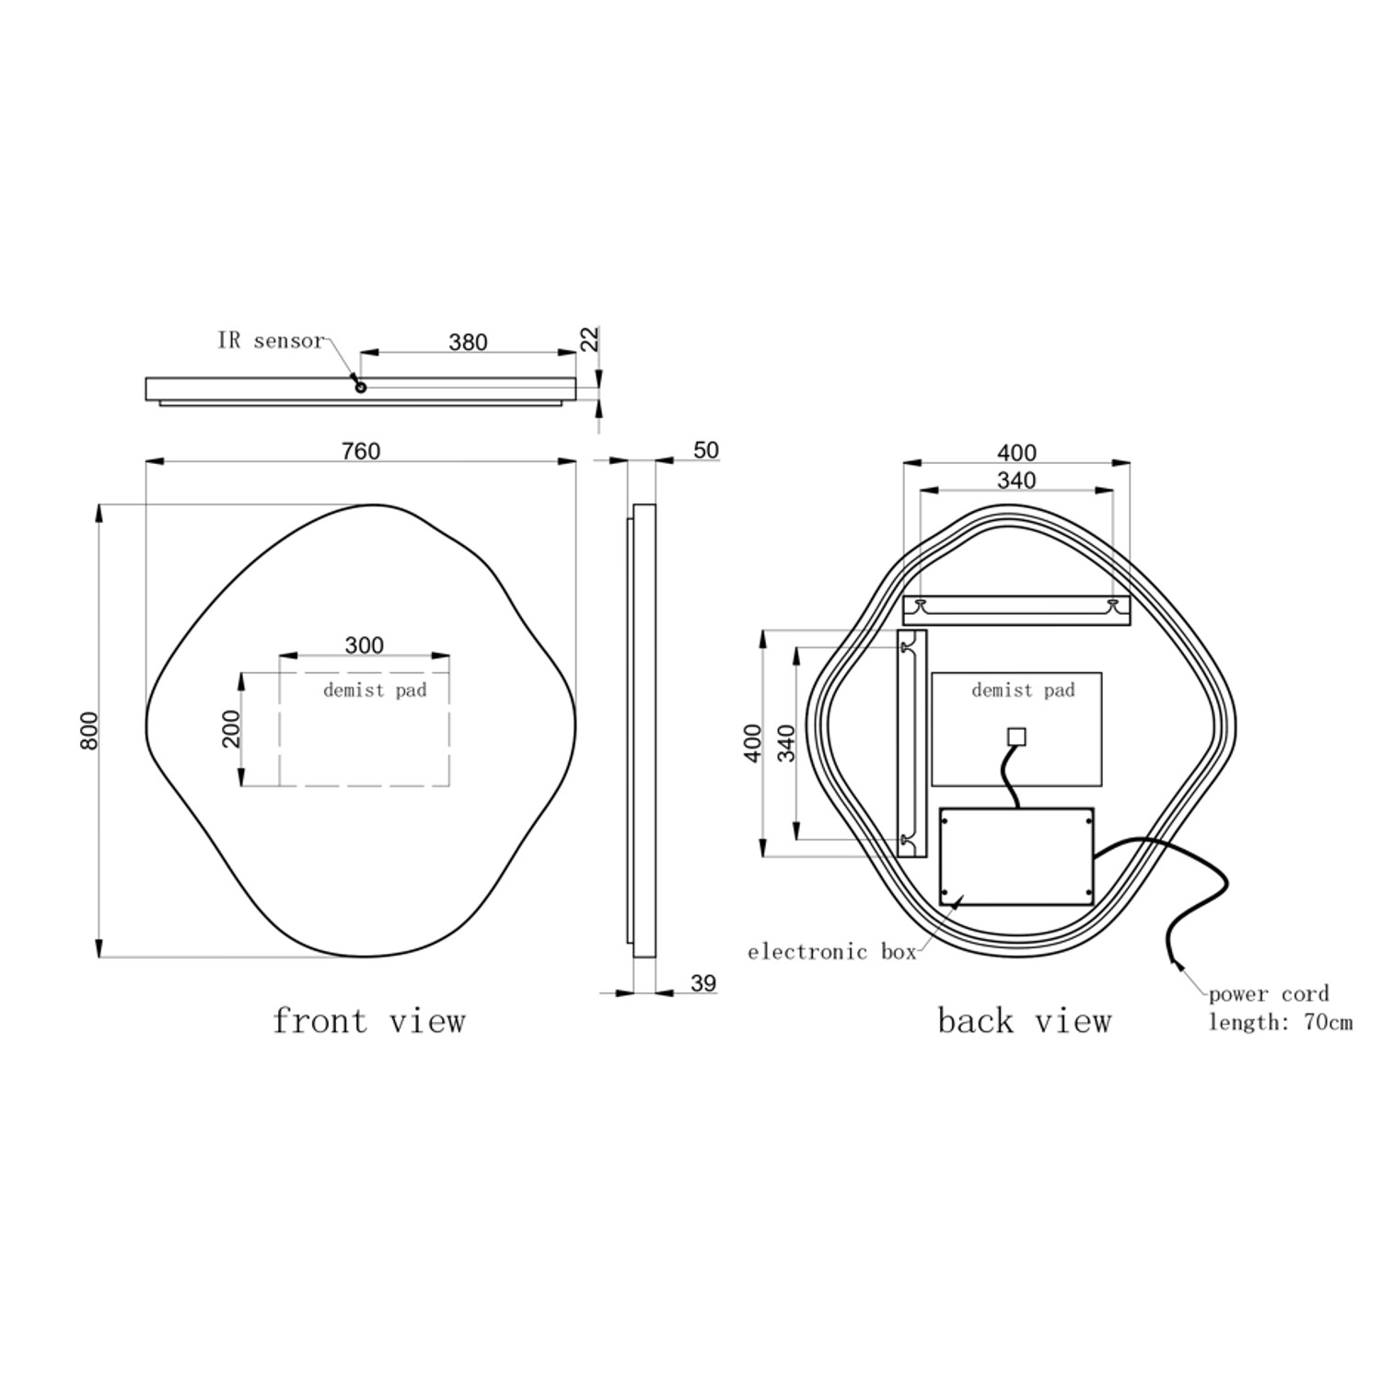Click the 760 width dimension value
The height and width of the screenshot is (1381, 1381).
361,451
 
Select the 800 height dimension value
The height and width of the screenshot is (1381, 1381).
89,730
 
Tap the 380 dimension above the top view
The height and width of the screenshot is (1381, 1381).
468,342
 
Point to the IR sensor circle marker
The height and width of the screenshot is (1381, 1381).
361,388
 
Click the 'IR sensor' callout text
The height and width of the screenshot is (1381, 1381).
271,341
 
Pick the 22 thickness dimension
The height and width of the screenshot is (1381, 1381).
590,339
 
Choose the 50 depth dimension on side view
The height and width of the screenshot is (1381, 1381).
705,450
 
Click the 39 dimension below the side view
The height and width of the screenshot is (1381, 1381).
702,983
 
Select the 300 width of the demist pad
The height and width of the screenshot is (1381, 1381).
364,645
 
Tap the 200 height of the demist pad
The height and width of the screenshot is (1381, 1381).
231,728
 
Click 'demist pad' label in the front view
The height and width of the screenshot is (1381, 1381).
375,690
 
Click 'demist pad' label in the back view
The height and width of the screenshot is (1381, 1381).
1023,690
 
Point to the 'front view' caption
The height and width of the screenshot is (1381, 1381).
369,1021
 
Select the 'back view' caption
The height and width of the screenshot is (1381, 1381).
1024,1021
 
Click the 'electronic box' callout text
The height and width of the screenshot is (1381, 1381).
831,952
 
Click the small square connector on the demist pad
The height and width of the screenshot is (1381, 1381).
1017,737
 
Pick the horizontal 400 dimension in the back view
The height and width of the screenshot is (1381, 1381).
1016,453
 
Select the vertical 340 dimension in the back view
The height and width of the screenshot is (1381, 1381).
785,743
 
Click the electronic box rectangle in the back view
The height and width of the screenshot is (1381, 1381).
1016,856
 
